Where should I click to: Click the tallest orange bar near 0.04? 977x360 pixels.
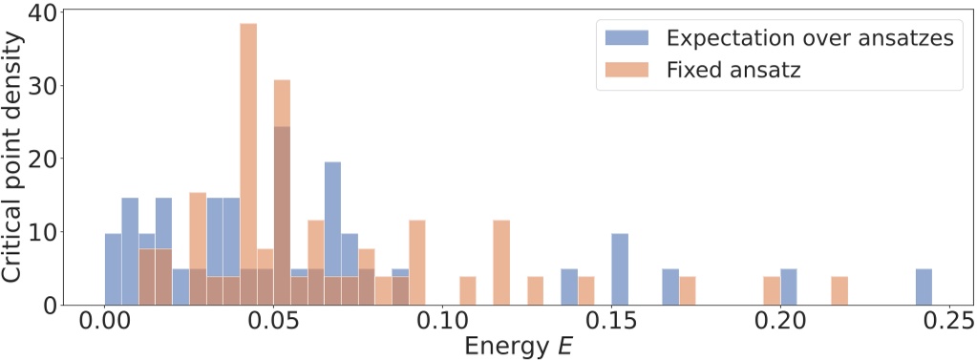click(248, 162)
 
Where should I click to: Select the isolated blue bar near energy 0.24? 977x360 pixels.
click(924, 286)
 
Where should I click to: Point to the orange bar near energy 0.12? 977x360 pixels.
click(501, 263)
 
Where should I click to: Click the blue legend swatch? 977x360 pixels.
click(627, 38)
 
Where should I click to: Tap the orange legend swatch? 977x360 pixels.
click(627, 70)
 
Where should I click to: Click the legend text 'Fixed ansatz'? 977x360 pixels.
click(733, 70)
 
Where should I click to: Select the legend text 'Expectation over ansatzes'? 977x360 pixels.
click(809, 38)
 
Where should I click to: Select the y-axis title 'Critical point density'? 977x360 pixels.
click(13, 158)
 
